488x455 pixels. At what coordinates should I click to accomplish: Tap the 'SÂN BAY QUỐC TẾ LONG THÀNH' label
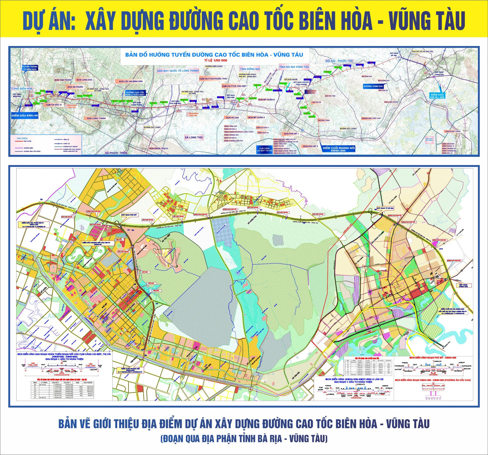pyautogui.click(x=178, y=71)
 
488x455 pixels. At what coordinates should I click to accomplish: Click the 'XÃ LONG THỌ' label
pyautogui.click(x=194, y=137)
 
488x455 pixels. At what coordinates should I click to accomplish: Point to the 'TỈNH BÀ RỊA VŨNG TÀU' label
pyautogui.click(x=294, y=67)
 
